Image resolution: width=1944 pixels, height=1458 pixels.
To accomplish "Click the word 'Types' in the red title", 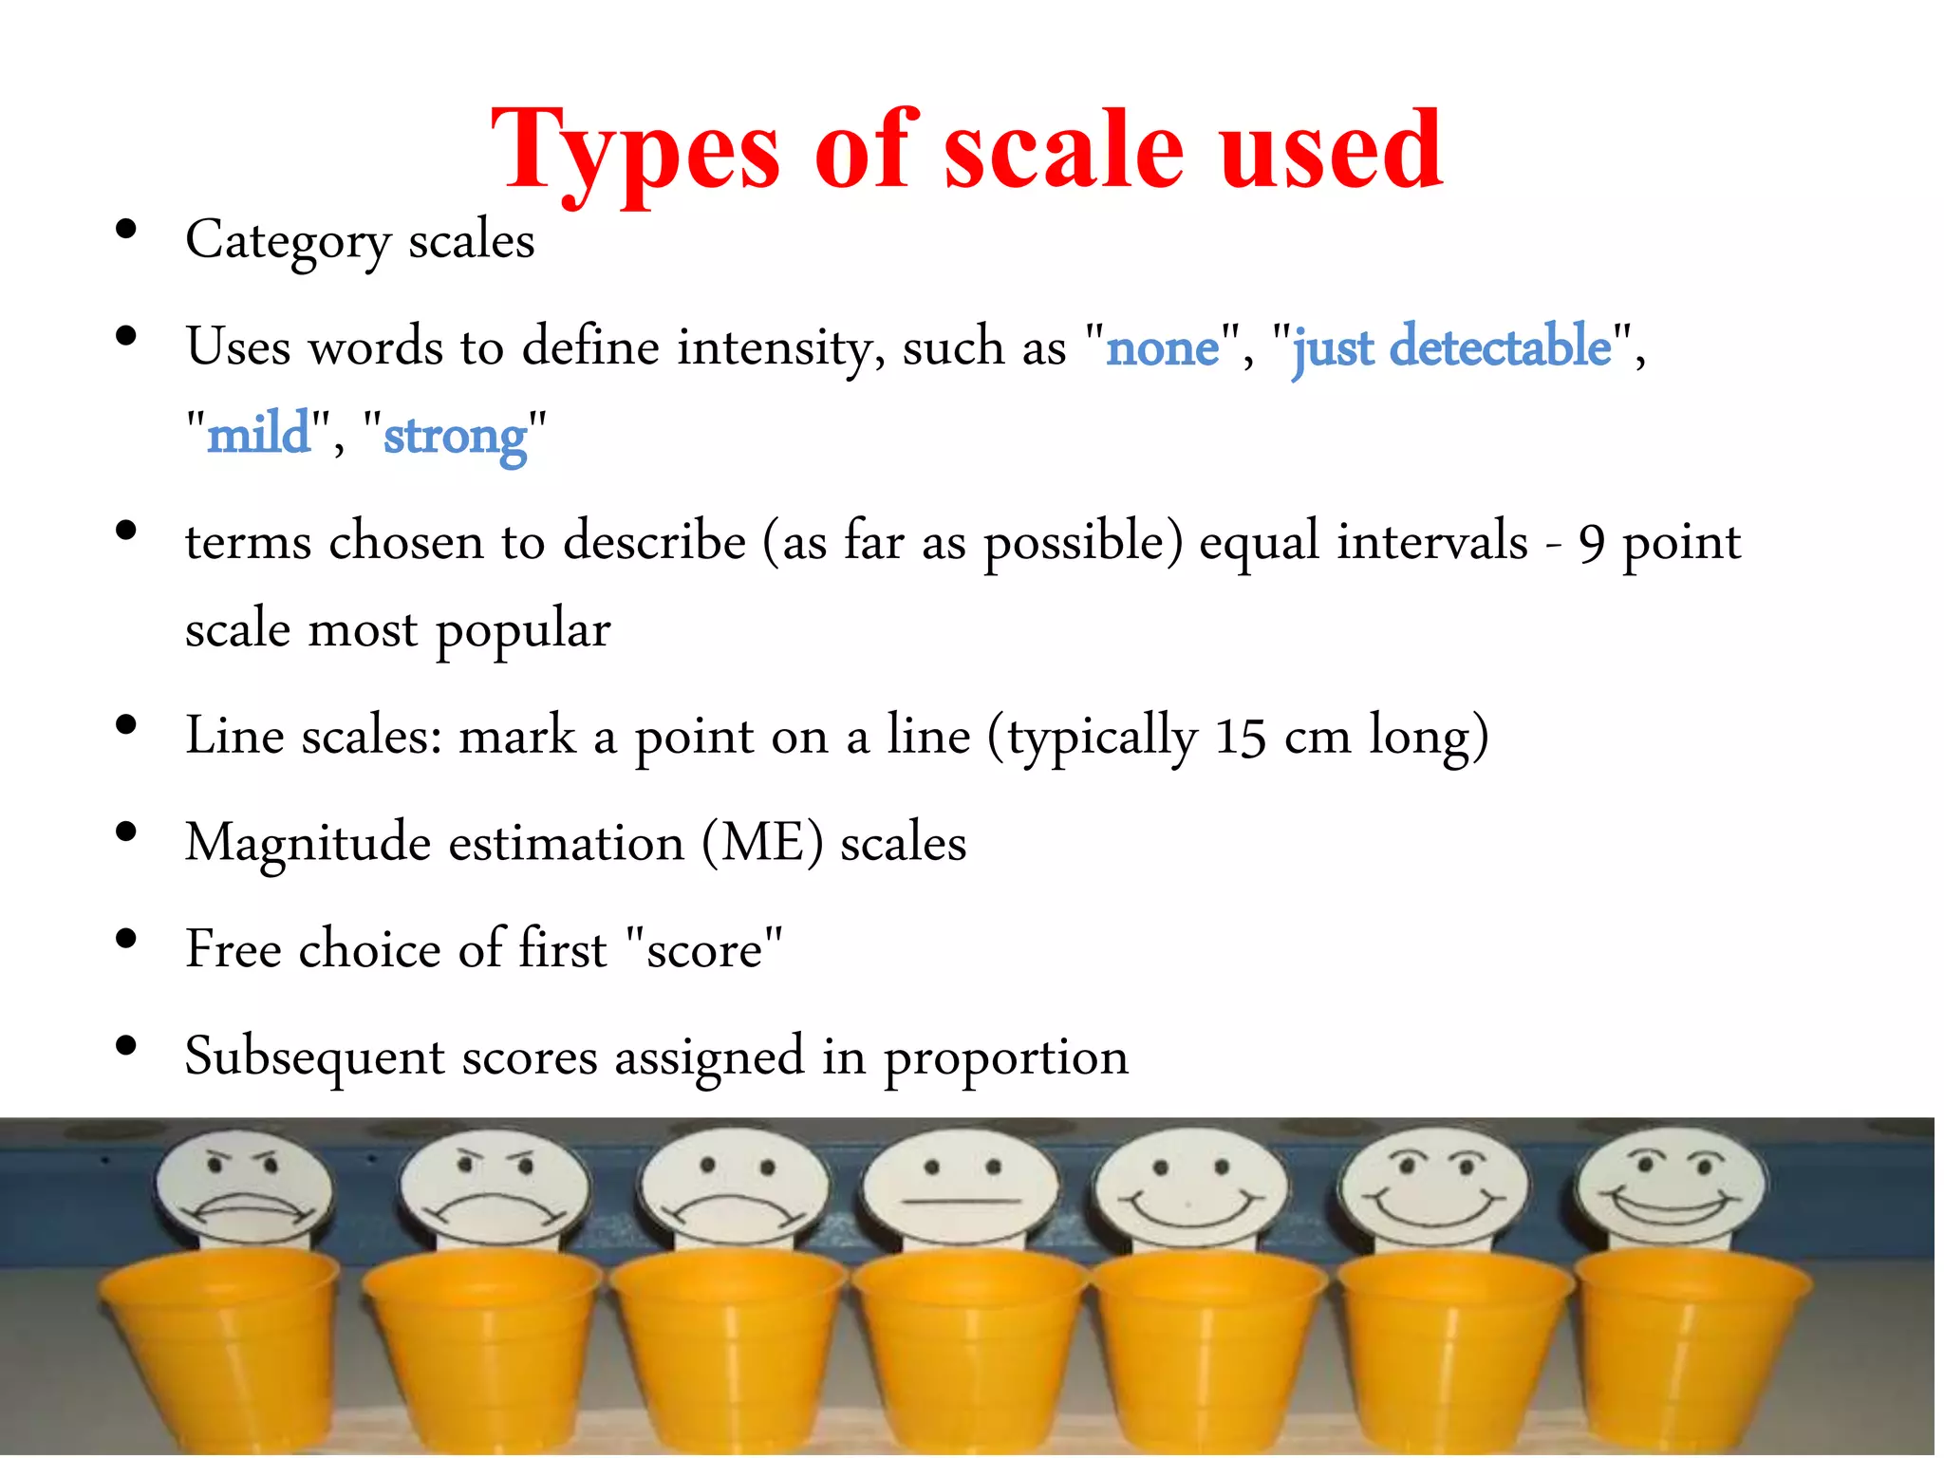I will click(634, 152).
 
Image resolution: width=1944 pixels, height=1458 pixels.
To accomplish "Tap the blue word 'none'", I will click(1163, 347).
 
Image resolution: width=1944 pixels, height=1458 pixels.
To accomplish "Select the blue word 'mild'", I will click(258, 435).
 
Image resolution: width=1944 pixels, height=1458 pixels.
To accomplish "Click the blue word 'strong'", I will click(455, 437).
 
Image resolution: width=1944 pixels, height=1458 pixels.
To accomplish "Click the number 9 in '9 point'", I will click(1592, 544).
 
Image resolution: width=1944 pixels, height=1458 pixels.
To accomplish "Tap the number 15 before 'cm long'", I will click(1241, 738).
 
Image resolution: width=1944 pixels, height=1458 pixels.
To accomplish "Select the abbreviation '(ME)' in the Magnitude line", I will click(762, 843).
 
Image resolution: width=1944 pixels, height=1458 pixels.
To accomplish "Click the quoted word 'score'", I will click(704, 950).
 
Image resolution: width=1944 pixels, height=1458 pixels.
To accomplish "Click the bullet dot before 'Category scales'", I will click(125, 230).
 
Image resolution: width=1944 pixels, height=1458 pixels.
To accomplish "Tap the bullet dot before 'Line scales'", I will click(125, 726).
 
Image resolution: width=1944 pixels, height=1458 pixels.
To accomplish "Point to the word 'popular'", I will click(523, 631).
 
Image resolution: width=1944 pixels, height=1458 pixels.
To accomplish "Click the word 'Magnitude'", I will click(308, 843).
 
